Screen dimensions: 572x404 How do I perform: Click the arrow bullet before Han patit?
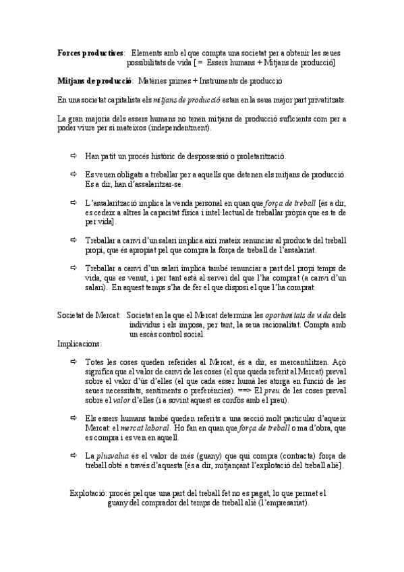pyautogui.click(x=74, y=156)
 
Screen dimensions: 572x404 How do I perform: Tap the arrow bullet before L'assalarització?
pyautogui.click(x=74, y=202)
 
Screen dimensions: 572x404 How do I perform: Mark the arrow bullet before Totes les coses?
pyautogui.click(x=74, y=362)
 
